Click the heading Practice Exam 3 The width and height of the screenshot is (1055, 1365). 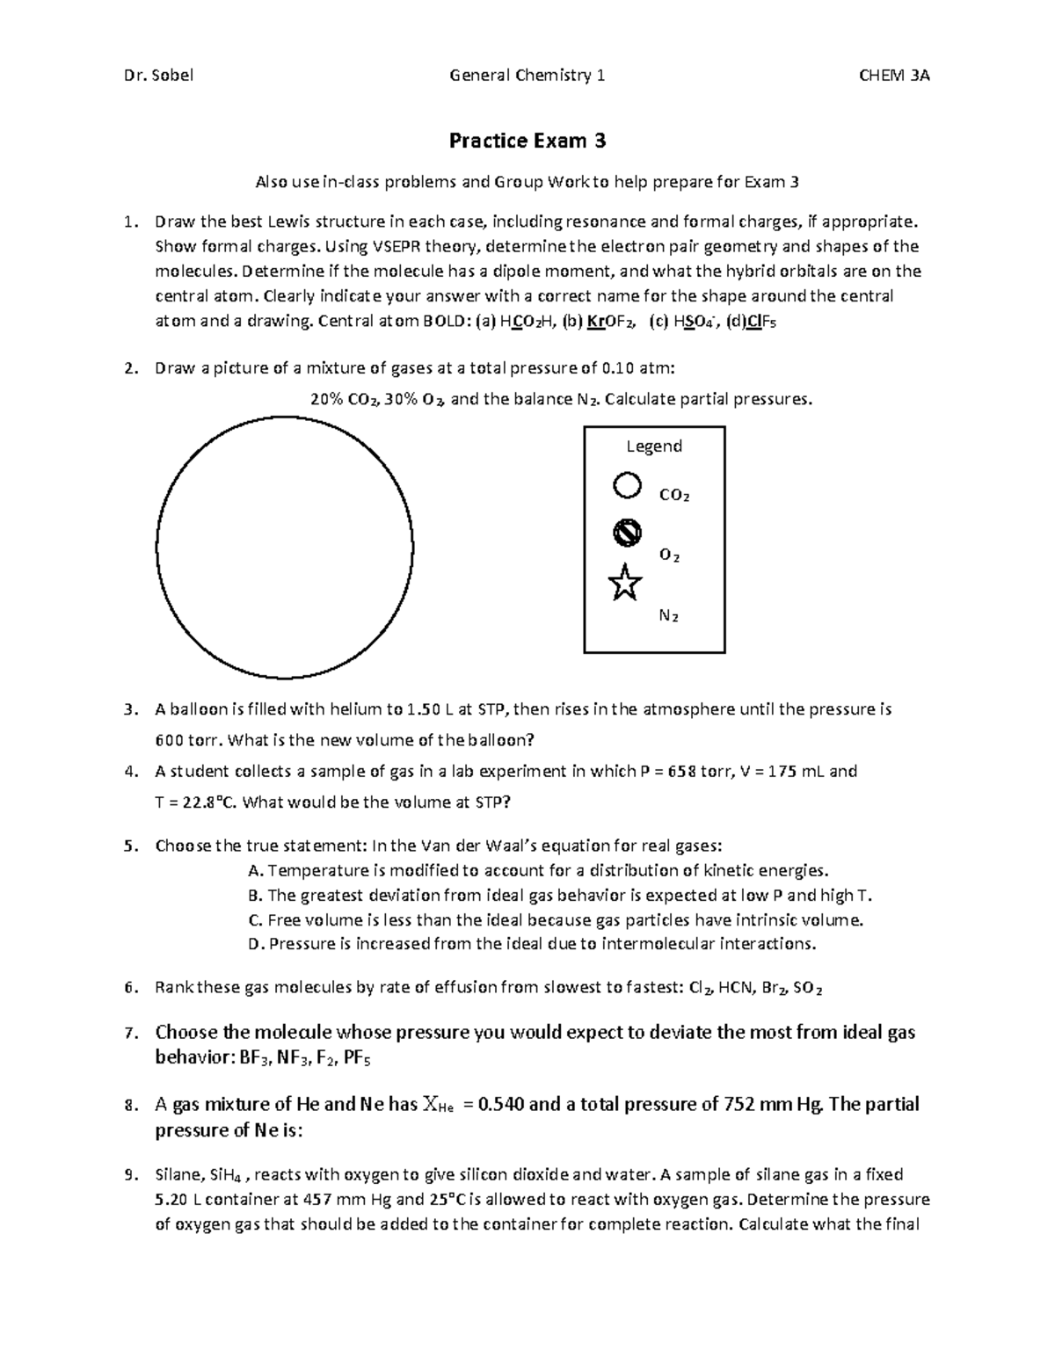tap(527, 141)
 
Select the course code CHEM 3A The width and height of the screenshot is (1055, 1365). tap(894, 76)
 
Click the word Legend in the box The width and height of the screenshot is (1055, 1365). tap(654, 447)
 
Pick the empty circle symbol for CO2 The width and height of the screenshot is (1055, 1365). tap(626, 485)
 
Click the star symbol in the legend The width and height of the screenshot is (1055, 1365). tap(624, 583)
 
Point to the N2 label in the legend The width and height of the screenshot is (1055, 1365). tap(669, 616)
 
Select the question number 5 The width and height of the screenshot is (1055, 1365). tap(129, 846)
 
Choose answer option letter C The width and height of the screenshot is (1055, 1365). tap(255, 920)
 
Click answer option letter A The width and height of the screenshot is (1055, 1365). tap(255, 871)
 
